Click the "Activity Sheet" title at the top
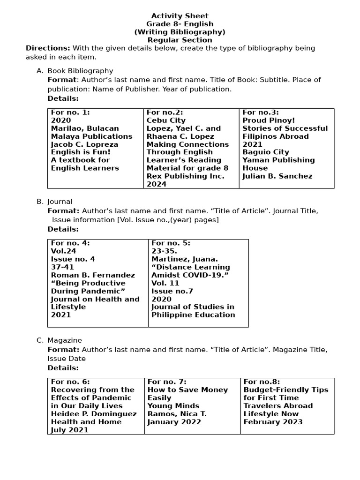(180, 16)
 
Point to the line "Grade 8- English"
(180, 24)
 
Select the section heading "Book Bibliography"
(80, 71)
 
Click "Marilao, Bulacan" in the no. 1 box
(85, 128)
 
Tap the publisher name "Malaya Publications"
(91, 136)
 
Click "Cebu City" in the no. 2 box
(166, 120)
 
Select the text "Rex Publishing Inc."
(185, 176)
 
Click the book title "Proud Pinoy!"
(269, 120)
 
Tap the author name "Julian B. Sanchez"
(277, 176)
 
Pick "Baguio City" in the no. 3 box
(266, 152)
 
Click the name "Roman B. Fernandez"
(93, 275)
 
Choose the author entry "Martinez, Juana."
(184, 259)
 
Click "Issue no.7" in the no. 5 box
(172, 291)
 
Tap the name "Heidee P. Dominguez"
(94, 414)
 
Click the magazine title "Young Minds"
(173, 406)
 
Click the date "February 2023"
(273, 422)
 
